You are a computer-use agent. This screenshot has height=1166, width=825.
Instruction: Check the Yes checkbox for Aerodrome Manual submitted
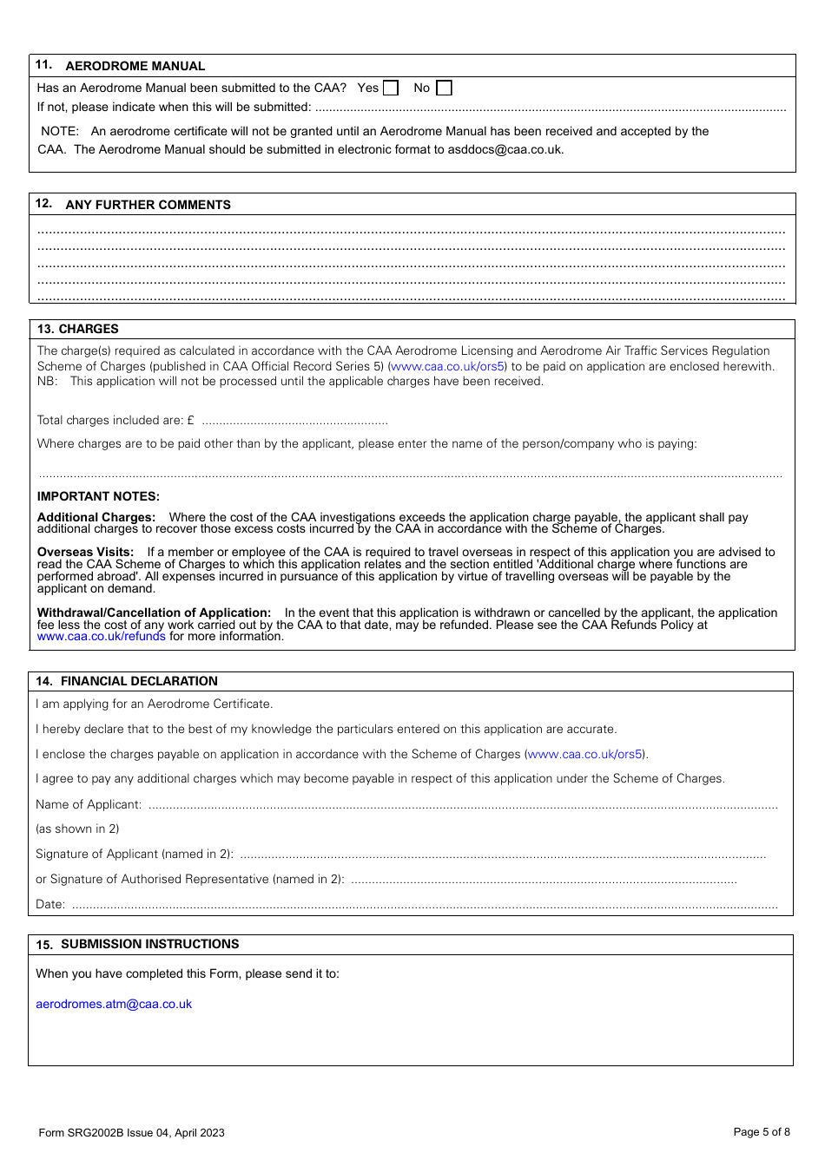click(392, 88)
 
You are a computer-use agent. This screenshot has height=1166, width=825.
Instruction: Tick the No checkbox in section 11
click(445, 88)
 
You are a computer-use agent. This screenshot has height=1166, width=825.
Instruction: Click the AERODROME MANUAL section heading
click(135, 66)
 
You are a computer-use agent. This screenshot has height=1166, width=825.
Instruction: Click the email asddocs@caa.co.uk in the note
click(505, 149)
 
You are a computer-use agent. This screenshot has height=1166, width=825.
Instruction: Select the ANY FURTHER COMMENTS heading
click(148, 205)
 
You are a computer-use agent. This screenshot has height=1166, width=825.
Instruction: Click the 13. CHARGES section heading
click(78, 329)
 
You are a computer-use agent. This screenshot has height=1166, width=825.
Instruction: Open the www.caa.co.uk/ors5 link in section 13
click(447, 366)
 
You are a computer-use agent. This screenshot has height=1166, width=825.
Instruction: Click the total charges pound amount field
click(294, 421)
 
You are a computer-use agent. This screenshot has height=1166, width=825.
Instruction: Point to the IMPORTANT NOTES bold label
click(98, 496)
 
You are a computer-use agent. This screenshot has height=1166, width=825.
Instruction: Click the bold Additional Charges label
click(96, 517)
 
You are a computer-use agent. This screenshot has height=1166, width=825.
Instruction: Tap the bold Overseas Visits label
click(85, 552)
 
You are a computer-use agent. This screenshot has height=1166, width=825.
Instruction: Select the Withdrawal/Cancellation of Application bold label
click(154, 612)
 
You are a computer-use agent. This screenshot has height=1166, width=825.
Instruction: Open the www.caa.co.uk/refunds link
click(101, 636)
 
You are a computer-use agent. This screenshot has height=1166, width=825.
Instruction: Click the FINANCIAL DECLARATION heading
click(139, 681)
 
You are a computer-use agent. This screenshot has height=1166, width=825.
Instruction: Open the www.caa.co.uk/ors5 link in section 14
click(585, 754)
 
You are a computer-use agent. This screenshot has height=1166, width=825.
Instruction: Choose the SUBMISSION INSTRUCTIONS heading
click(149, 944)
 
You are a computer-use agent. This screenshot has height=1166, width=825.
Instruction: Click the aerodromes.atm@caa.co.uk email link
click(114, 1004)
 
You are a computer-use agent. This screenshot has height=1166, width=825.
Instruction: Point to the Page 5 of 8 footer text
click(762, 1131)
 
